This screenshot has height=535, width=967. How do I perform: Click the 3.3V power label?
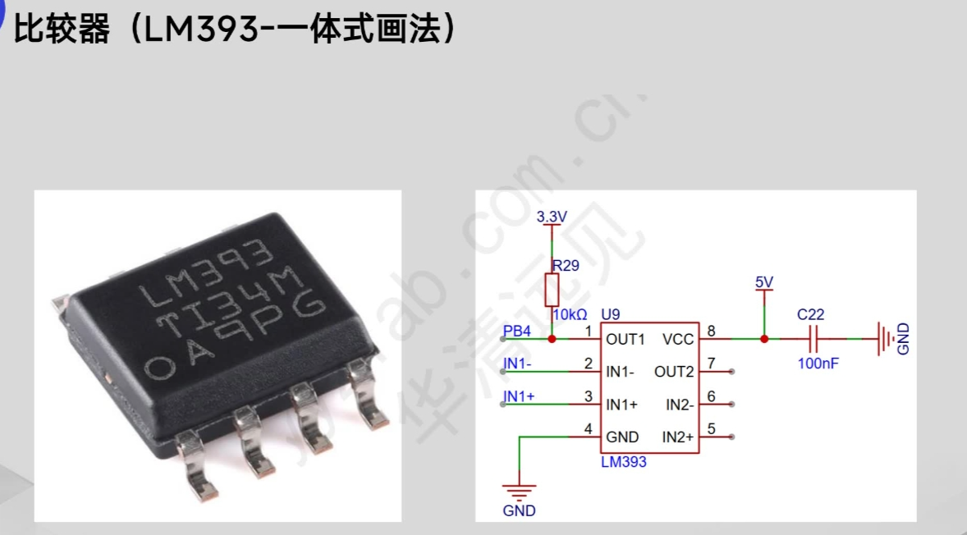[x=552, y=217]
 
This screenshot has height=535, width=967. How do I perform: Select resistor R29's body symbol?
[x=552, y=290]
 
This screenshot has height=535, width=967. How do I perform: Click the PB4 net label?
[x=517, y=332]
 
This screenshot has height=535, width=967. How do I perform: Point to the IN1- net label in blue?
[x=518, y=364]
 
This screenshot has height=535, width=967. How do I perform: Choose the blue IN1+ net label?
[x=519, y=396]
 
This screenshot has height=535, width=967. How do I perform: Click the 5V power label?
[x=764, y=283]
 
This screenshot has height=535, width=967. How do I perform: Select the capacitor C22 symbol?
[x=813, y=338]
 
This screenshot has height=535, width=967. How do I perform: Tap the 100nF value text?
[x=818, y=363]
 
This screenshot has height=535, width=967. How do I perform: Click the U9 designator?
[x=611, y=314]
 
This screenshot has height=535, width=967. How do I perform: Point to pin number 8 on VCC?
[x=711, y=331]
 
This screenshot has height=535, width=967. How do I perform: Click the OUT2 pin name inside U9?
[x=674, y=372]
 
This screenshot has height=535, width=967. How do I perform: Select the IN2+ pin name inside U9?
[x=678, y=437]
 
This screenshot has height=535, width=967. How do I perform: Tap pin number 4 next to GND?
[x=588, y=428]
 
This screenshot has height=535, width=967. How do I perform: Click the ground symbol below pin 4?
[x=519, y=492]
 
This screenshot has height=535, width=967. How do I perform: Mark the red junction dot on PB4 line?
[x=552, y=338]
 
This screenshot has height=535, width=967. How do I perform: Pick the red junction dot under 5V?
[x=764, y=338]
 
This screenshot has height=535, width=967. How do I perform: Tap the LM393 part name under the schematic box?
[x=624, y=462]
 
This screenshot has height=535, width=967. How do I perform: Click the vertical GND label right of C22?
[x=904, y=338]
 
